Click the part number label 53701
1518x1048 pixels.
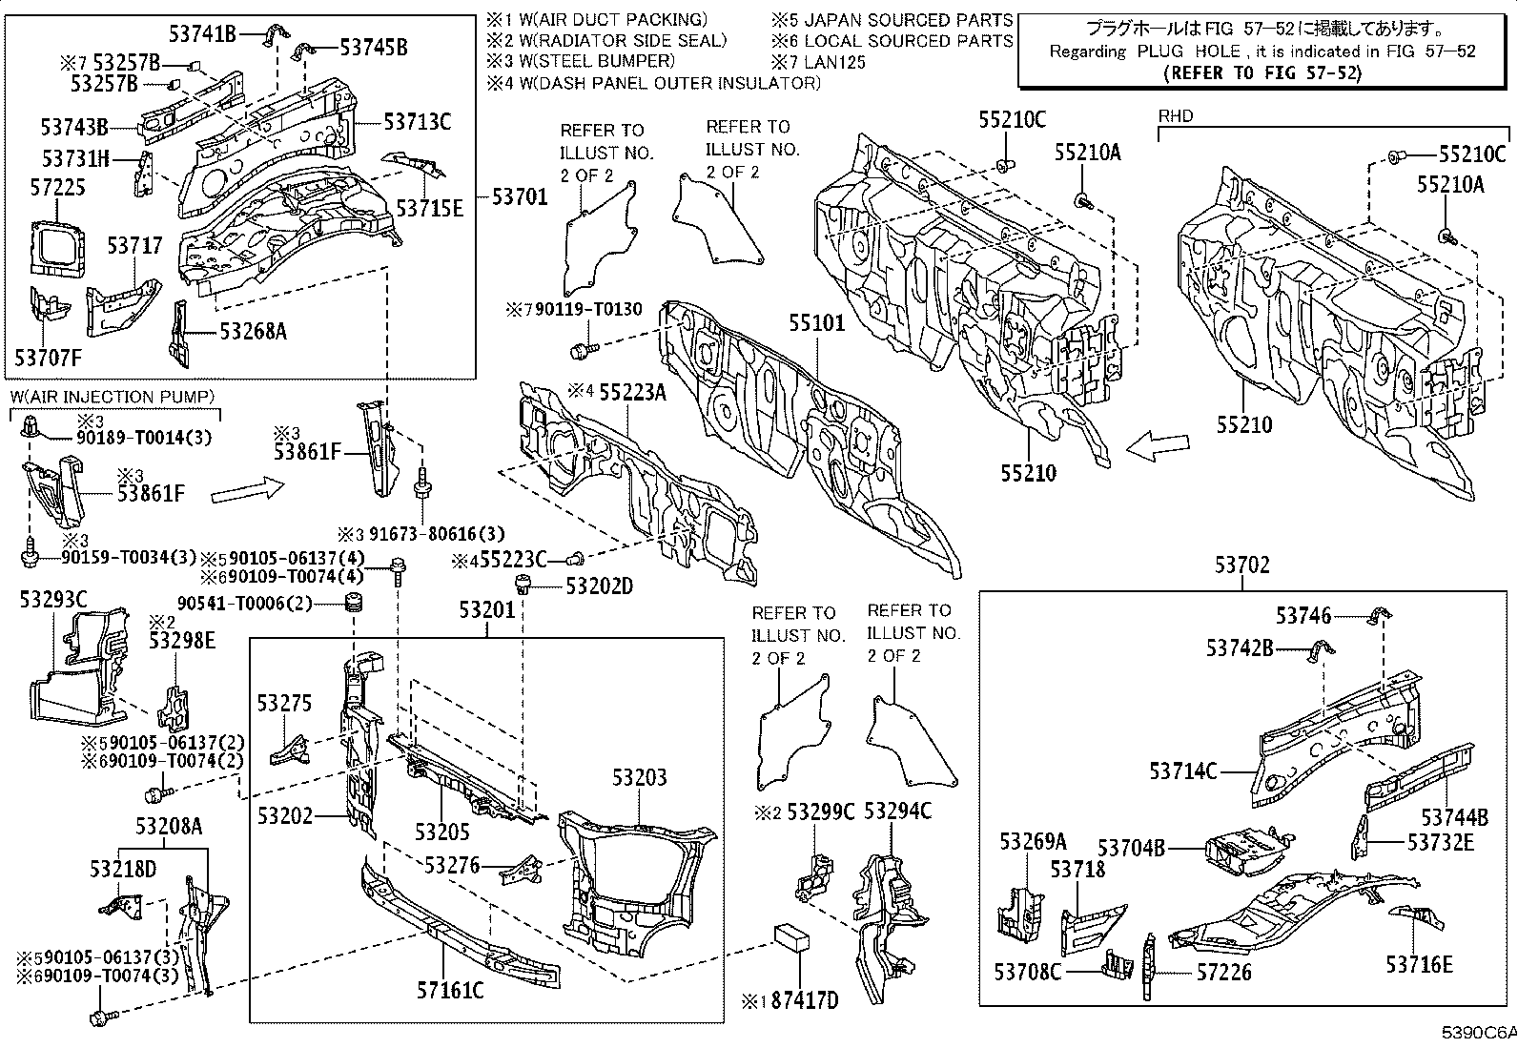click(520, 197)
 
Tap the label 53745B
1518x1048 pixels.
click(374, 48)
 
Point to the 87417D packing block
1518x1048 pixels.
click(791, 938)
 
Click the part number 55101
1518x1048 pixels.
click(817, 323)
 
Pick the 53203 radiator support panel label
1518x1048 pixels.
click(640, 777)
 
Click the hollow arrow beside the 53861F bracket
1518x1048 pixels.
click(247, 489)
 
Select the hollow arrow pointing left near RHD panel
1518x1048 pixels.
click(1158, 446)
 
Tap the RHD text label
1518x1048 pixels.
click(1176, 116)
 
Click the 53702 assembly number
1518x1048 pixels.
click(1242, 565)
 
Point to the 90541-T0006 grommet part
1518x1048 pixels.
click(353, 603)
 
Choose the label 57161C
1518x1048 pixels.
click(451, 991)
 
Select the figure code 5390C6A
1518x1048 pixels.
click(1479, 1032)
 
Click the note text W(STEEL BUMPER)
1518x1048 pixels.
click(597, 61)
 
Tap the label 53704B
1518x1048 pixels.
click(1132, 848)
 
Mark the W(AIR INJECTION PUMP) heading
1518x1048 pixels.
click(113, 398)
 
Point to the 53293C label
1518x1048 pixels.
click(53, 600)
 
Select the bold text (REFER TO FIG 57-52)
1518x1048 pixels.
click(1262, 73)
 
